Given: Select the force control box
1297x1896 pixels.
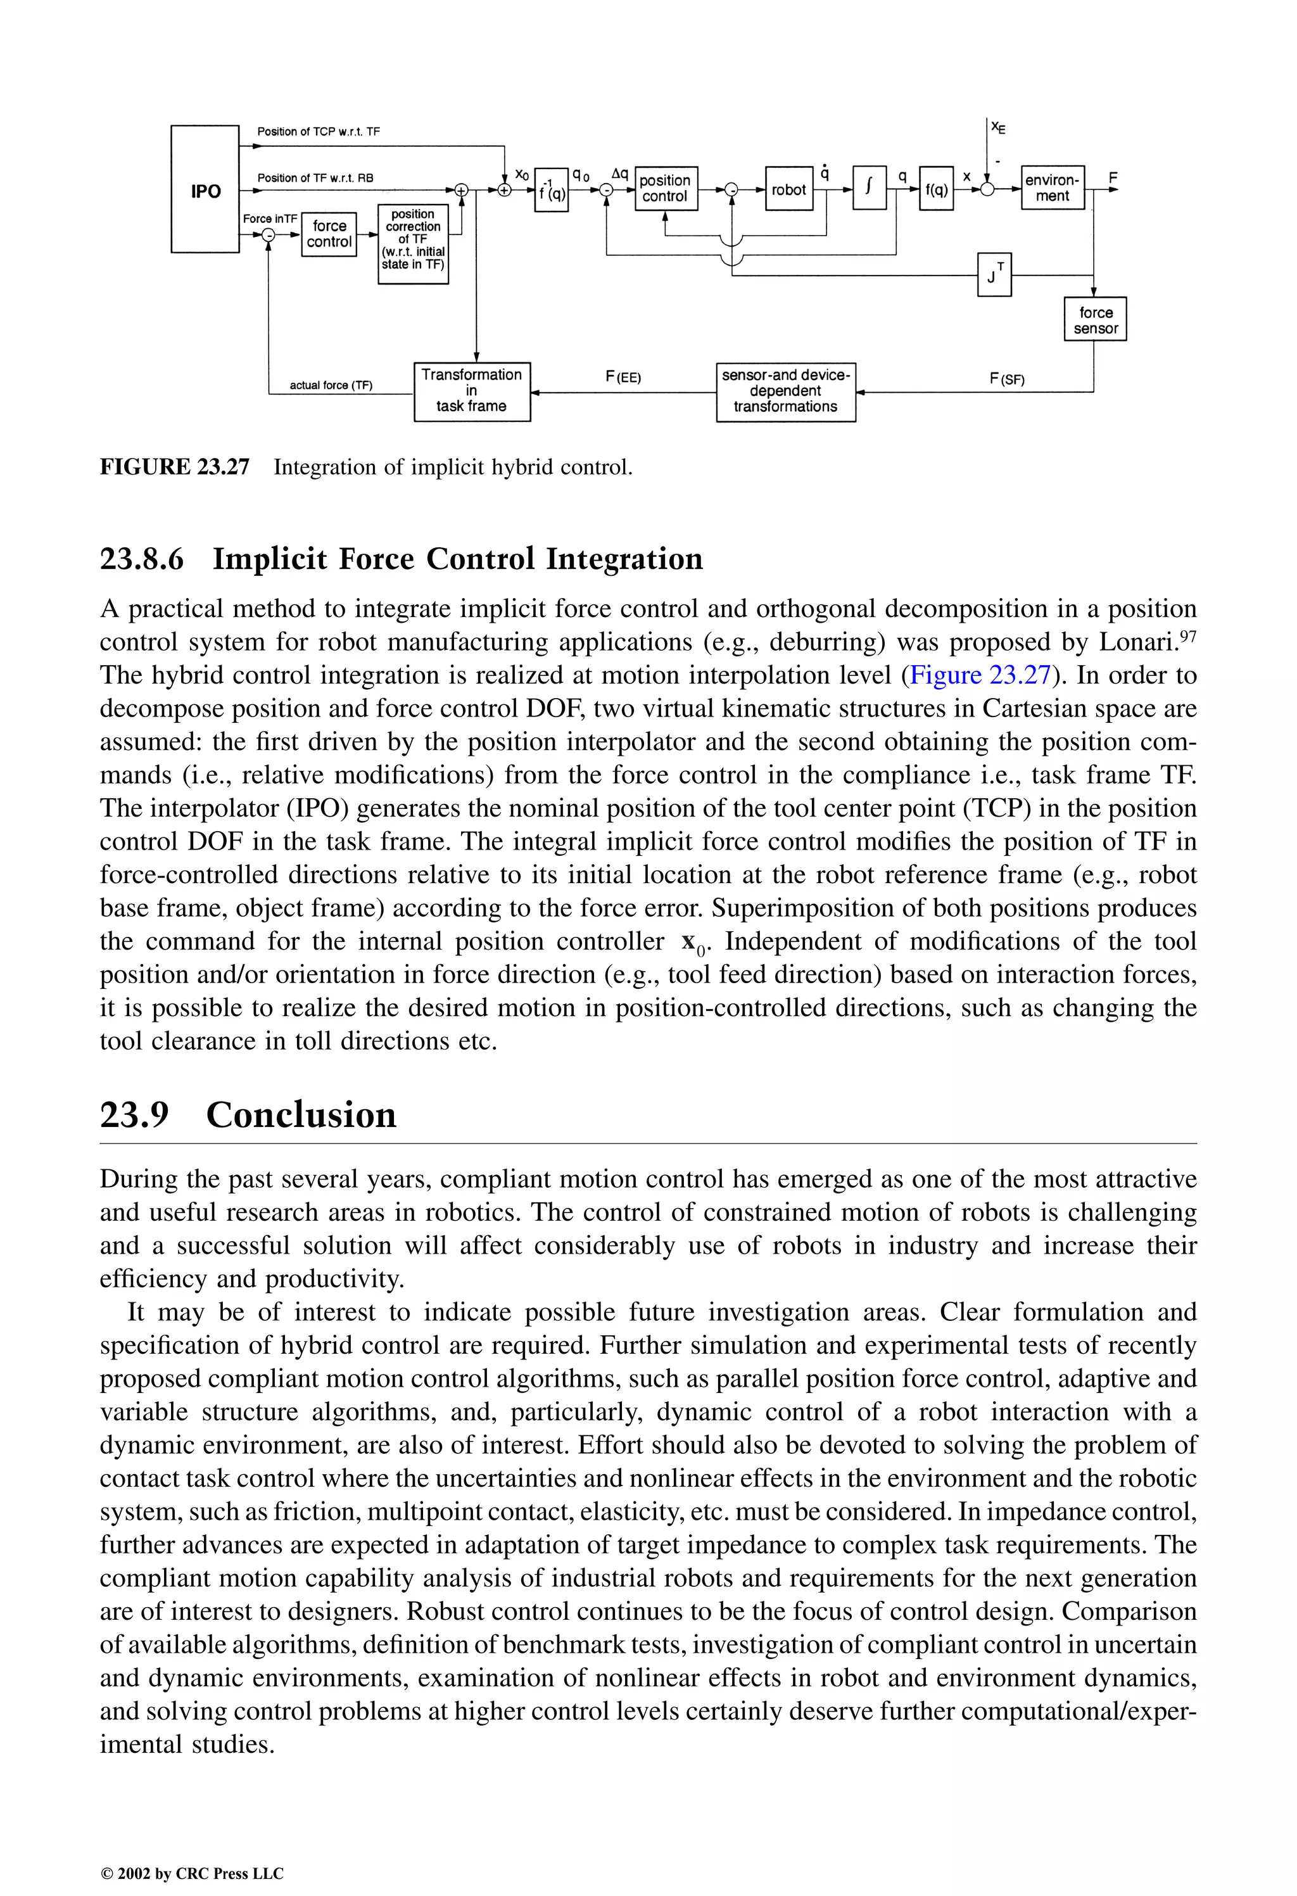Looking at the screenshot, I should tap(329, 234).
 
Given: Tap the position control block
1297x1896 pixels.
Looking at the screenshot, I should tap(666, 188).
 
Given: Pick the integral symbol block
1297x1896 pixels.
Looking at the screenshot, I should tap(869, 188).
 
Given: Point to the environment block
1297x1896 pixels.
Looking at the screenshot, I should tap(1053, 188).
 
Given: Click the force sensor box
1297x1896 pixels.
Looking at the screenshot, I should tap(1095, 320).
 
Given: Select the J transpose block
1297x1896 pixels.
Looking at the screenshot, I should tap(994, 275).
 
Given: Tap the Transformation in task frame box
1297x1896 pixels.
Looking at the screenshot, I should tap(471, 391).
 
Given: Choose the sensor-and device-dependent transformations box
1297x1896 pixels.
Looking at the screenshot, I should tap(785, 391).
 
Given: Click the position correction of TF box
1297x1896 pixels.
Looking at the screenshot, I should tap(413, 243).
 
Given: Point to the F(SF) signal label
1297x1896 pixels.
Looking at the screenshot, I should tap(1006, 379).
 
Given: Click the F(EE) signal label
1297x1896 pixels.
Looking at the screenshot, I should tap(623, 378).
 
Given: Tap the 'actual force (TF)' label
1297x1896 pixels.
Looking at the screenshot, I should tap(331, 385).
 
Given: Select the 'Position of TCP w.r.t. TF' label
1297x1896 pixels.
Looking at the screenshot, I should tap(318, 131).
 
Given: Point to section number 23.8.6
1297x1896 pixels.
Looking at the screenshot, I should tap(142, 559).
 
